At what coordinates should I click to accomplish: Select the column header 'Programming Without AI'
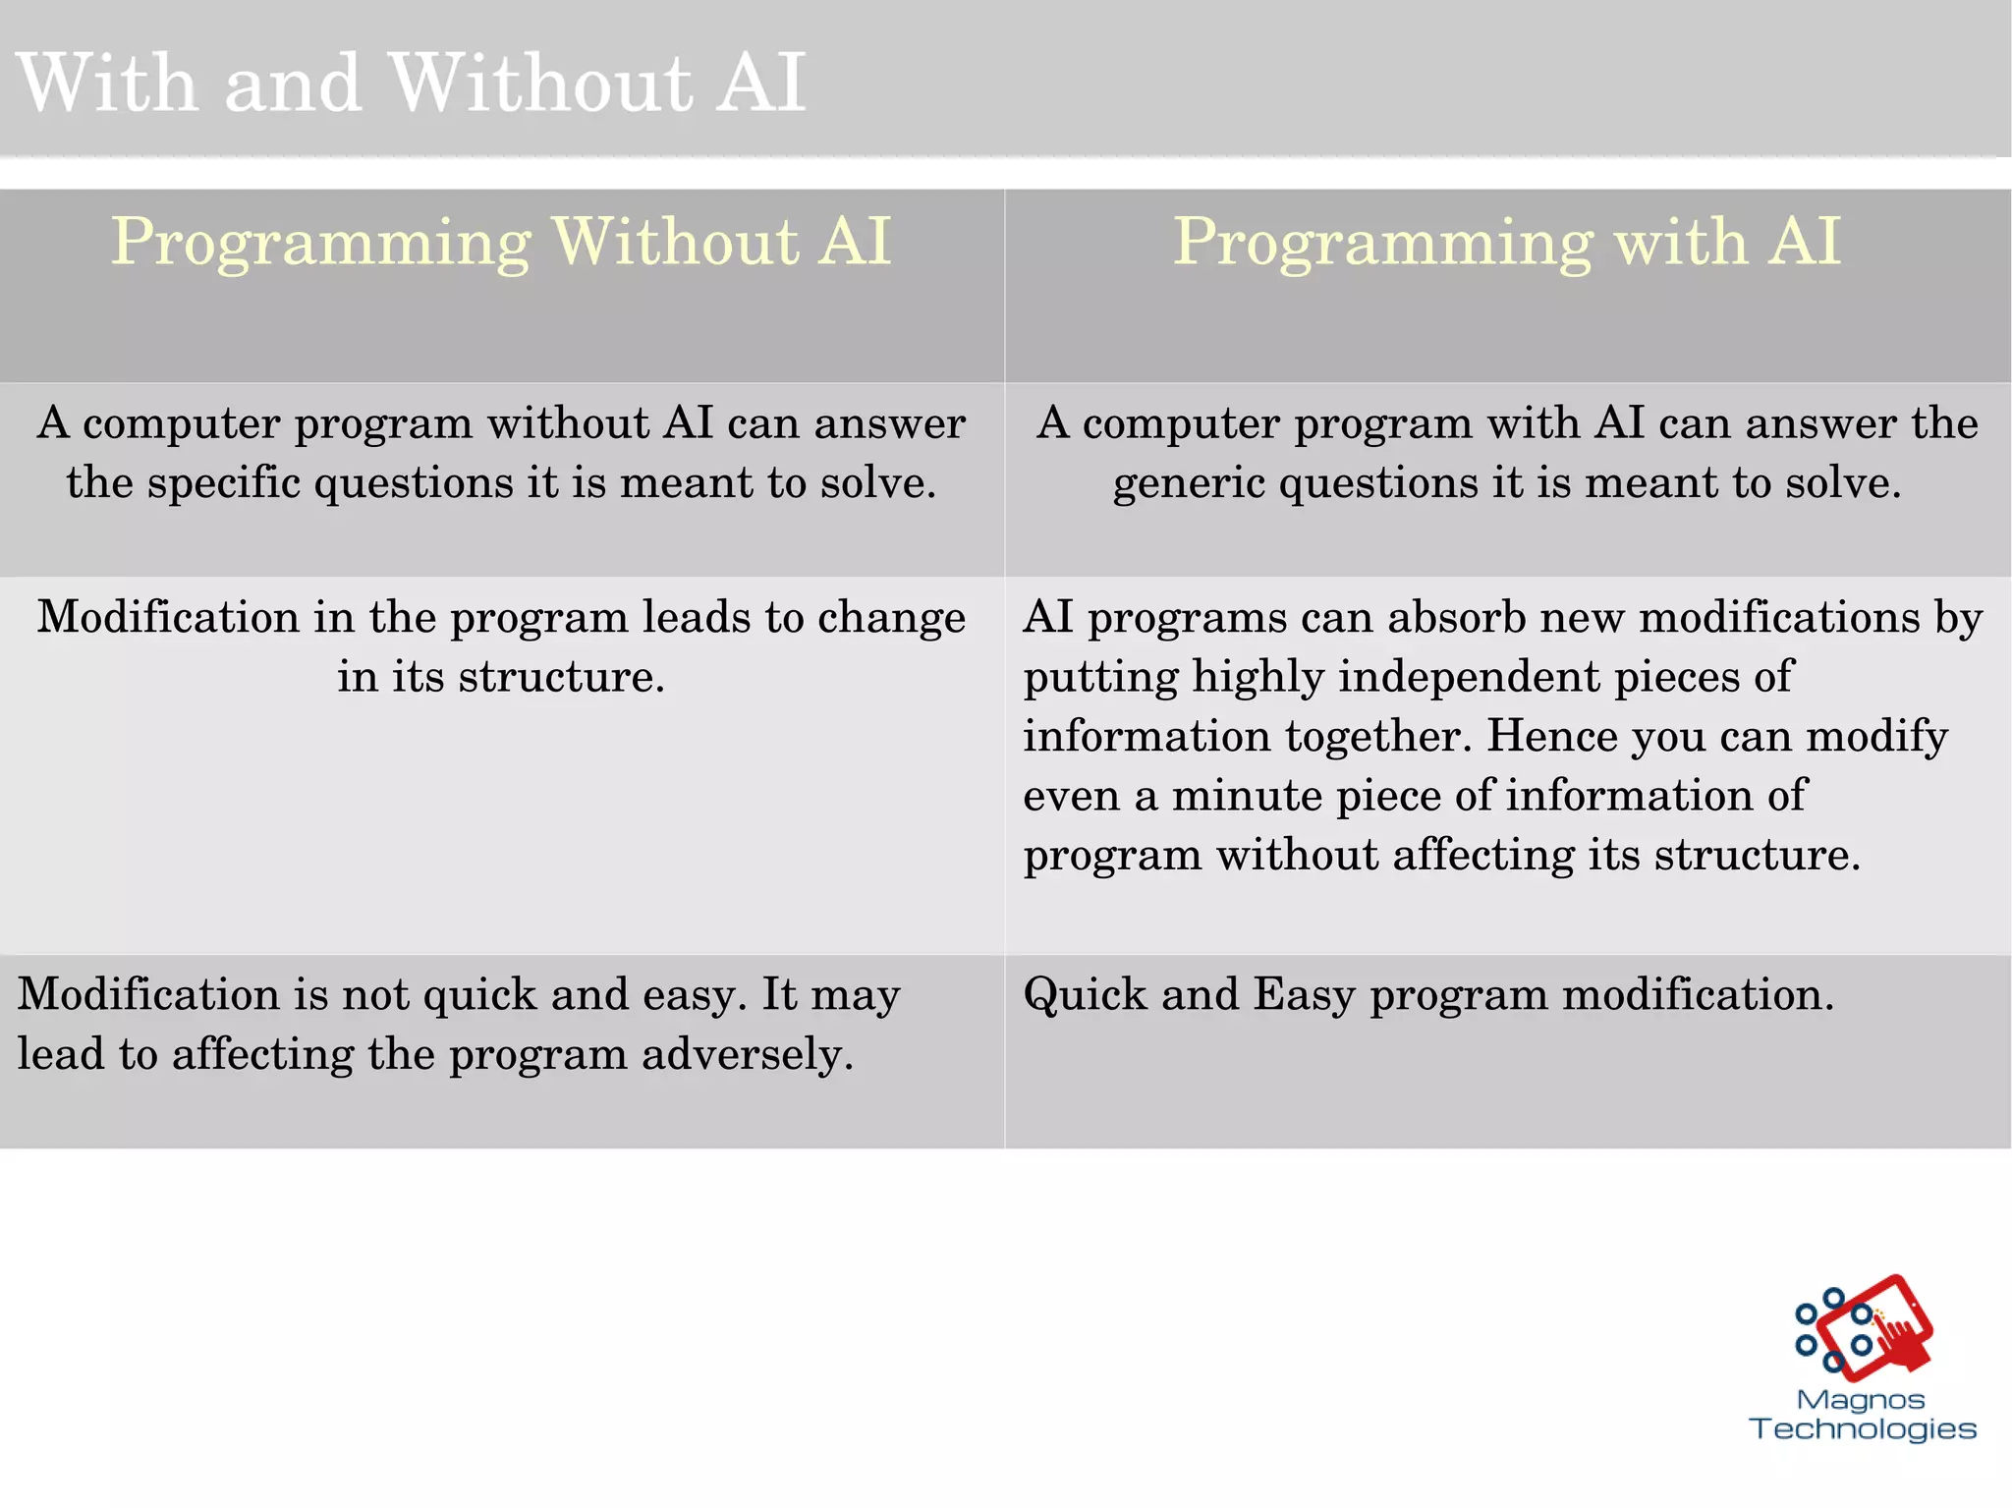[x=501, y=242]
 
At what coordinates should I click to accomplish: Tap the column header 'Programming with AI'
[x=1507, y=242]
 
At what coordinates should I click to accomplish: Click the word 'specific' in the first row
[x=223, y=483]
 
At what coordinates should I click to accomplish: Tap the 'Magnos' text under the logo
[x=1860, y=1400]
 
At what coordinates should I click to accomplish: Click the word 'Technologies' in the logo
[x=1863, y=1429]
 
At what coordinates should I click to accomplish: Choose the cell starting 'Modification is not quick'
[x=501, y=1051]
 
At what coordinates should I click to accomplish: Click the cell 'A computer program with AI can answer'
[x=1507, y=478]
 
